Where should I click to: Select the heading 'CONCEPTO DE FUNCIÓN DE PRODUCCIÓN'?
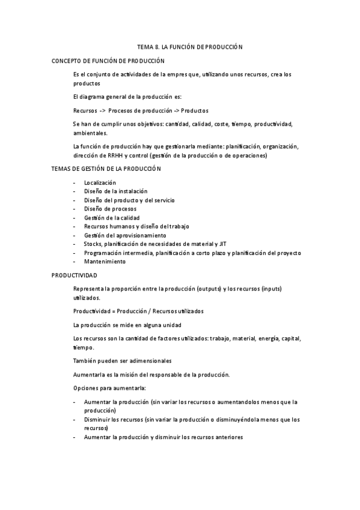point(108,61)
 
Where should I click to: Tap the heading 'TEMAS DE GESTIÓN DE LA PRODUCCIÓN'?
point(107,169)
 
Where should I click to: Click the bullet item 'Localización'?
point(100,182)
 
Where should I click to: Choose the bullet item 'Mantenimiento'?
point(105,262)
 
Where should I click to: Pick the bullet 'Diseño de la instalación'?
point(115,191)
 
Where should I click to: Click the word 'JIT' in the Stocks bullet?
point(223,244)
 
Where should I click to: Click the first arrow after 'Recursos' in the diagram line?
point(103,111)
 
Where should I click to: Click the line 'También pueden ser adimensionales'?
point(122,361)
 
